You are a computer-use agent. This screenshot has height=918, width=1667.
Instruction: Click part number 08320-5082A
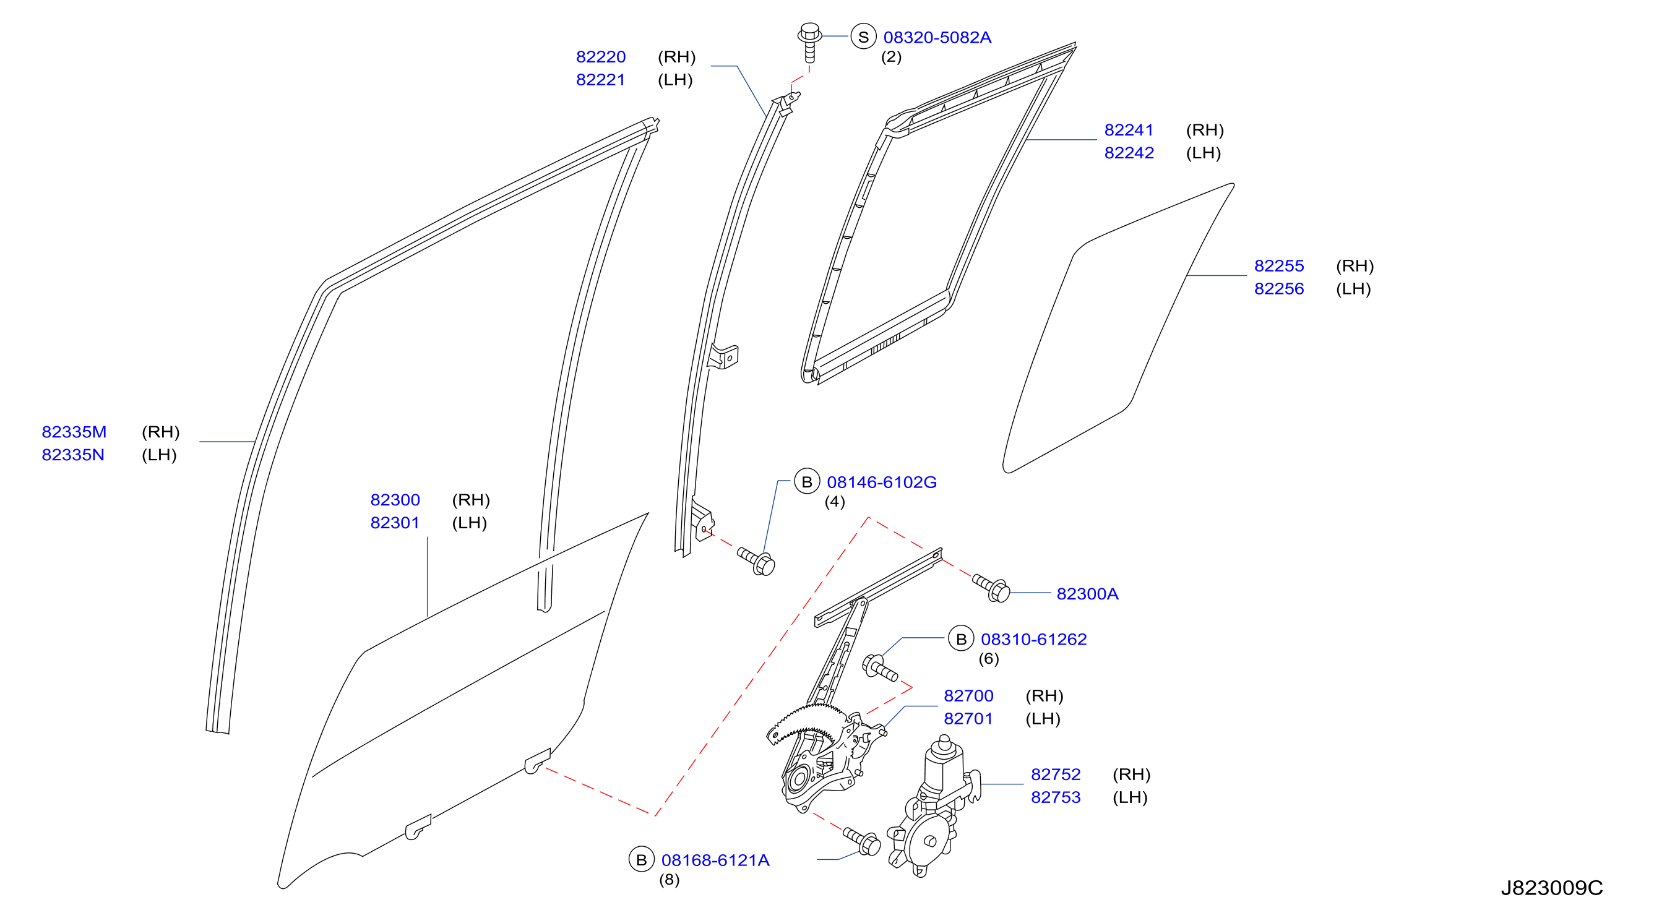(x=937, y=38)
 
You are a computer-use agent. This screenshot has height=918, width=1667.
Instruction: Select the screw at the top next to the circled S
(x=809, y=43)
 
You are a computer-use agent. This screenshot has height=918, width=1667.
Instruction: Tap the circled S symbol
(x=863, y=37)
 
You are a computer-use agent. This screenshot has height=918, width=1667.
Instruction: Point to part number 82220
(x=601, y=57)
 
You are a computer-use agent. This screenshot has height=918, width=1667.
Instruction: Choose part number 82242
(x=1129, y=153)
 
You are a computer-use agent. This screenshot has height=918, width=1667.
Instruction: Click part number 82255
(x=1279, y=266)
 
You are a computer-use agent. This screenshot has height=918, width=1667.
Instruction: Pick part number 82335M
(x=74, y=432)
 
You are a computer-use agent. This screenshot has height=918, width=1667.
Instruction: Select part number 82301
(x=395, y=523)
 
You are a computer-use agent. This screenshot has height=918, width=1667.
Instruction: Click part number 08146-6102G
(x=881, y=482)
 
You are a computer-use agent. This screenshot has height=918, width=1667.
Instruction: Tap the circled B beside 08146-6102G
(x=807, y=482)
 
